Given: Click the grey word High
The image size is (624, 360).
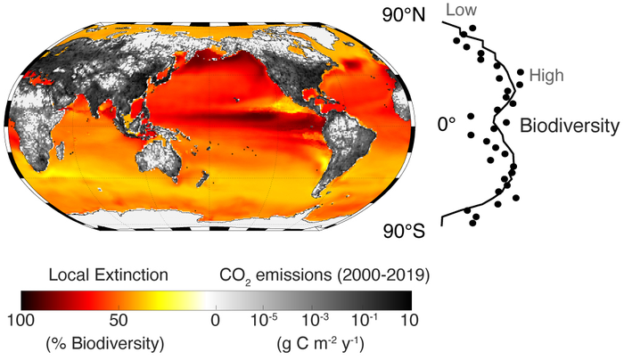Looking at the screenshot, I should point(546,77).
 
